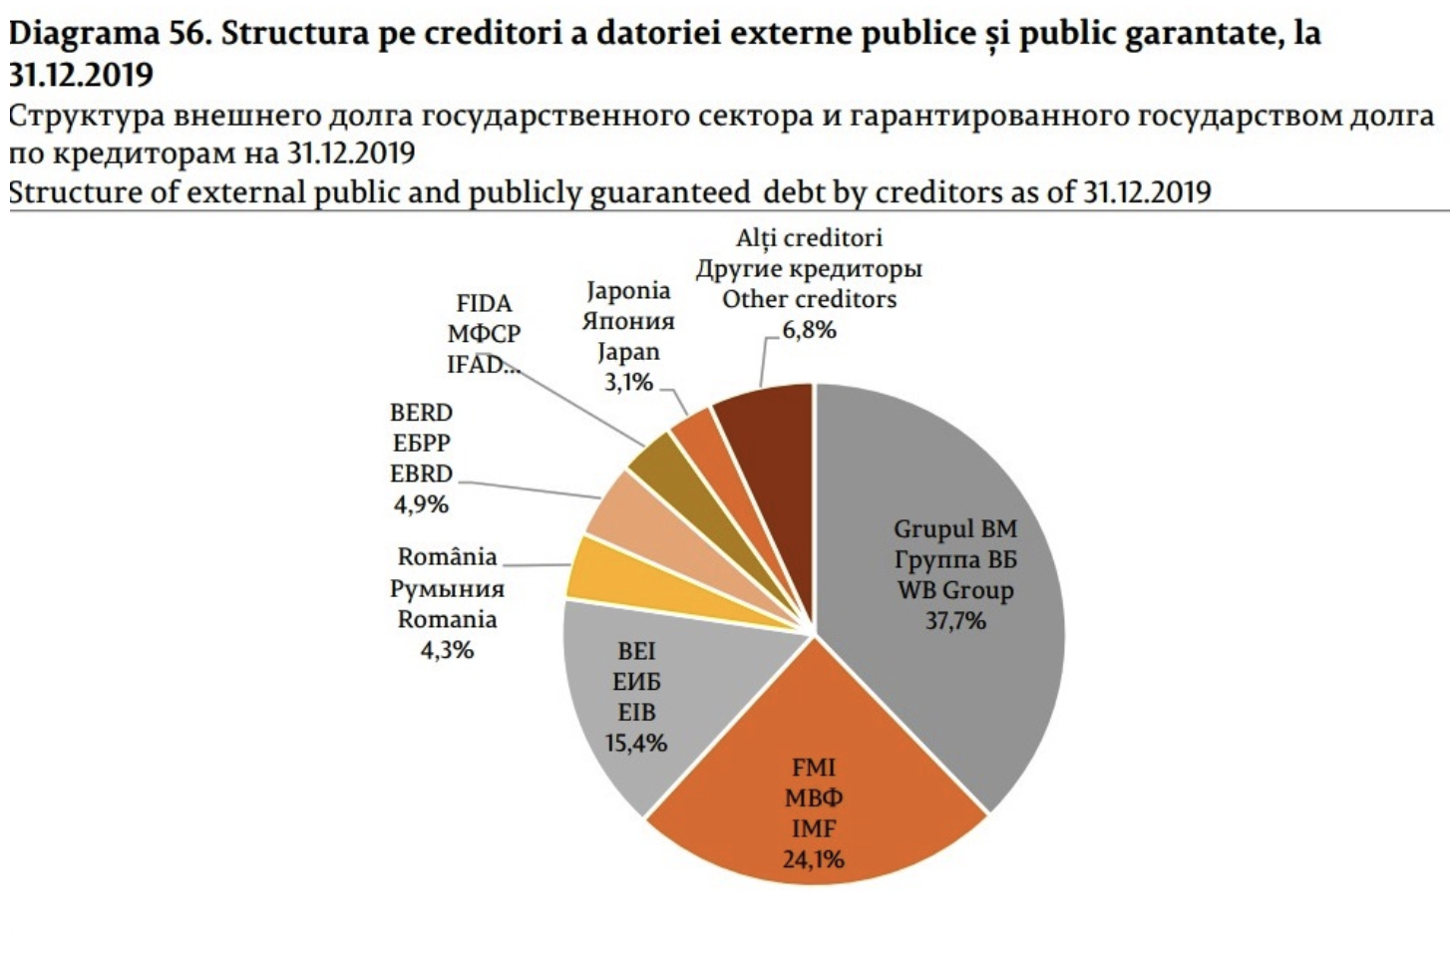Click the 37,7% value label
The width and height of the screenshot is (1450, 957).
955,621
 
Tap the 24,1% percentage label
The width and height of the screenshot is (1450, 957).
813,858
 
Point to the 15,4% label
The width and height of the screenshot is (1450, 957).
635,743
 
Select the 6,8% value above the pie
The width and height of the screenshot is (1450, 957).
809,330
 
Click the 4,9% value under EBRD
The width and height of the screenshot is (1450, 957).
421,504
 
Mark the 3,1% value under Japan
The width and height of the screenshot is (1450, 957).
628,382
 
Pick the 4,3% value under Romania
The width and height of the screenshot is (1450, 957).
447,650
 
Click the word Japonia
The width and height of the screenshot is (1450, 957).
628,290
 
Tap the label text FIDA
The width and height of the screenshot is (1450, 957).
484,303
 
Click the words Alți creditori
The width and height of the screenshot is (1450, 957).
809,237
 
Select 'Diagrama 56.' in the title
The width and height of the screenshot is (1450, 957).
109,34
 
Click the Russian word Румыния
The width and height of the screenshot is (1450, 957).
447,588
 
